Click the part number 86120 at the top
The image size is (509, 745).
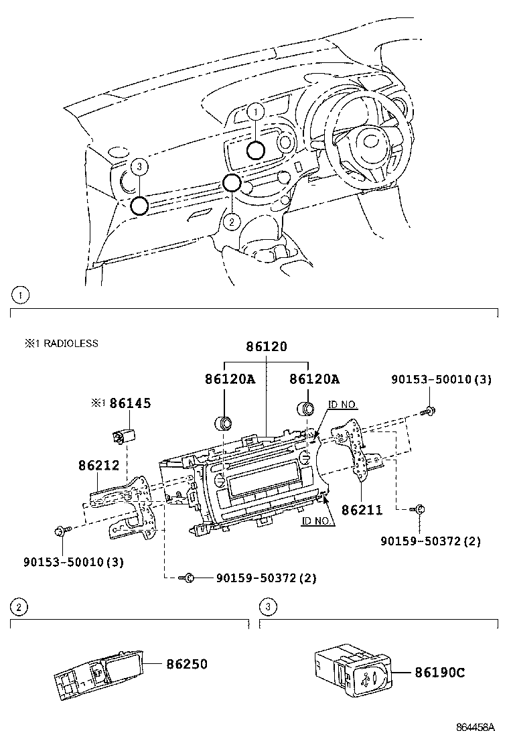[x=267, y=346]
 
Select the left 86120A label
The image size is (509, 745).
[x=230, y=379]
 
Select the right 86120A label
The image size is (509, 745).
[x=314, y=379]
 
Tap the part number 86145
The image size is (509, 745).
[x=130, y=403]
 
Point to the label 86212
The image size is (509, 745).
[x=98, y=465]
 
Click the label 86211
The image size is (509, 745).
[x=362, y=510]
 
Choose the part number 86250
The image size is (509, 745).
[x=187, y=664]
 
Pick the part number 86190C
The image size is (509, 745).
[x=439, y=672]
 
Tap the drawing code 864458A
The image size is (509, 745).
[x=476, y=727]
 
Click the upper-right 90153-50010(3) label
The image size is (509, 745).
[x=441, y=379]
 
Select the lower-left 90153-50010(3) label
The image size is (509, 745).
[x=74, y=561]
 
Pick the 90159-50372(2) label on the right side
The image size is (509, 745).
[x=430, y=541]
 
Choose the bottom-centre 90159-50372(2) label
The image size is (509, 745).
[x=266, y=578]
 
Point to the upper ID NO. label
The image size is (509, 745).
[x=343, y=405]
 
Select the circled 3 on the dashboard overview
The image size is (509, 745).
[x=139, y=166]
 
